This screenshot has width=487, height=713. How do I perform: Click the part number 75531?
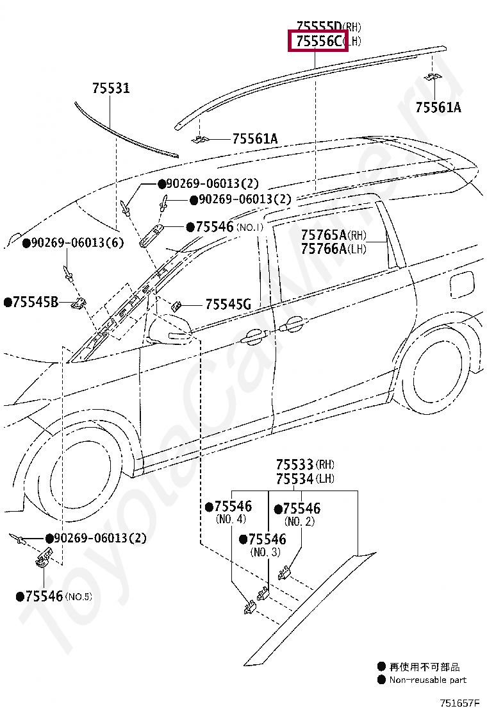click(110, 88)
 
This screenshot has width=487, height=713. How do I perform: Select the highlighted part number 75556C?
click(318, 41)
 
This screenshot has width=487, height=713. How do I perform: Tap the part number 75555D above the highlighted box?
click(318, 26)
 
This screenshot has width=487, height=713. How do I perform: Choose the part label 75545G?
click(227, 305)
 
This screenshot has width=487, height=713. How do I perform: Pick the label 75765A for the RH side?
click(324, 235)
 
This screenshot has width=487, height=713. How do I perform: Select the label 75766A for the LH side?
click(324, 249)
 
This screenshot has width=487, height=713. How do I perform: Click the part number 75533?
click(295, 464)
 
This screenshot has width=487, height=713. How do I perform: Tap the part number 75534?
click(295, 479)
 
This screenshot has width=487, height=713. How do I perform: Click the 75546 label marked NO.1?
click(214, 227)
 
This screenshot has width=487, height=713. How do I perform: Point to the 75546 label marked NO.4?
click(233, 507)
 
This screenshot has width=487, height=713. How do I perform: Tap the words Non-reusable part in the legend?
click(427, 680)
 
